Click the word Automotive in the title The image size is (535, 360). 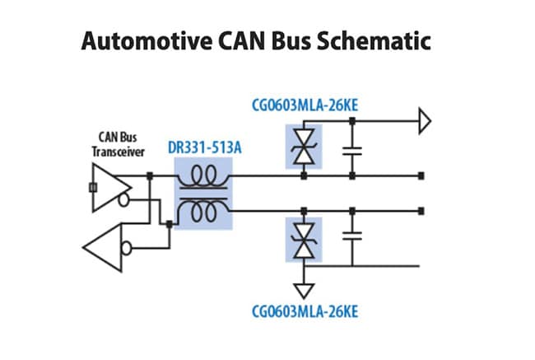[147, 41]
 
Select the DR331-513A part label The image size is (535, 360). [205, 147]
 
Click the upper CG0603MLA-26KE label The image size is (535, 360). [305, 105]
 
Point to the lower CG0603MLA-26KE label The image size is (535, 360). [305, 312]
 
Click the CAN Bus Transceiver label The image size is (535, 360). [118, 144]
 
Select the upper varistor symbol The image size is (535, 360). [304, 147]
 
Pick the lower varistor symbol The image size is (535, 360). [304, 240]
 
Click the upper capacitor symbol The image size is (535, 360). [352, 151]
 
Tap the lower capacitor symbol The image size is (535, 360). [352, 236]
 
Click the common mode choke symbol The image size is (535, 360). [203, 194]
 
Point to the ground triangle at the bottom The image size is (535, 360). [304, 291]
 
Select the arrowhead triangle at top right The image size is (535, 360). [425, 121]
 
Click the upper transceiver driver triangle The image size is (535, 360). [112, 188]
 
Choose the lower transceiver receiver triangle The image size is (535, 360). [102, 248]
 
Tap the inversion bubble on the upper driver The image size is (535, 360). [123, 200]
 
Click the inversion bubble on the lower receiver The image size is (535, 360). [127, 248]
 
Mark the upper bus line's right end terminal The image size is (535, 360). [421, 176]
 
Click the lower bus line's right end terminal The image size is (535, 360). [421, 211]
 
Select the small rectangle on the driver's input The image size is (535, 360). [93, 188]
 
